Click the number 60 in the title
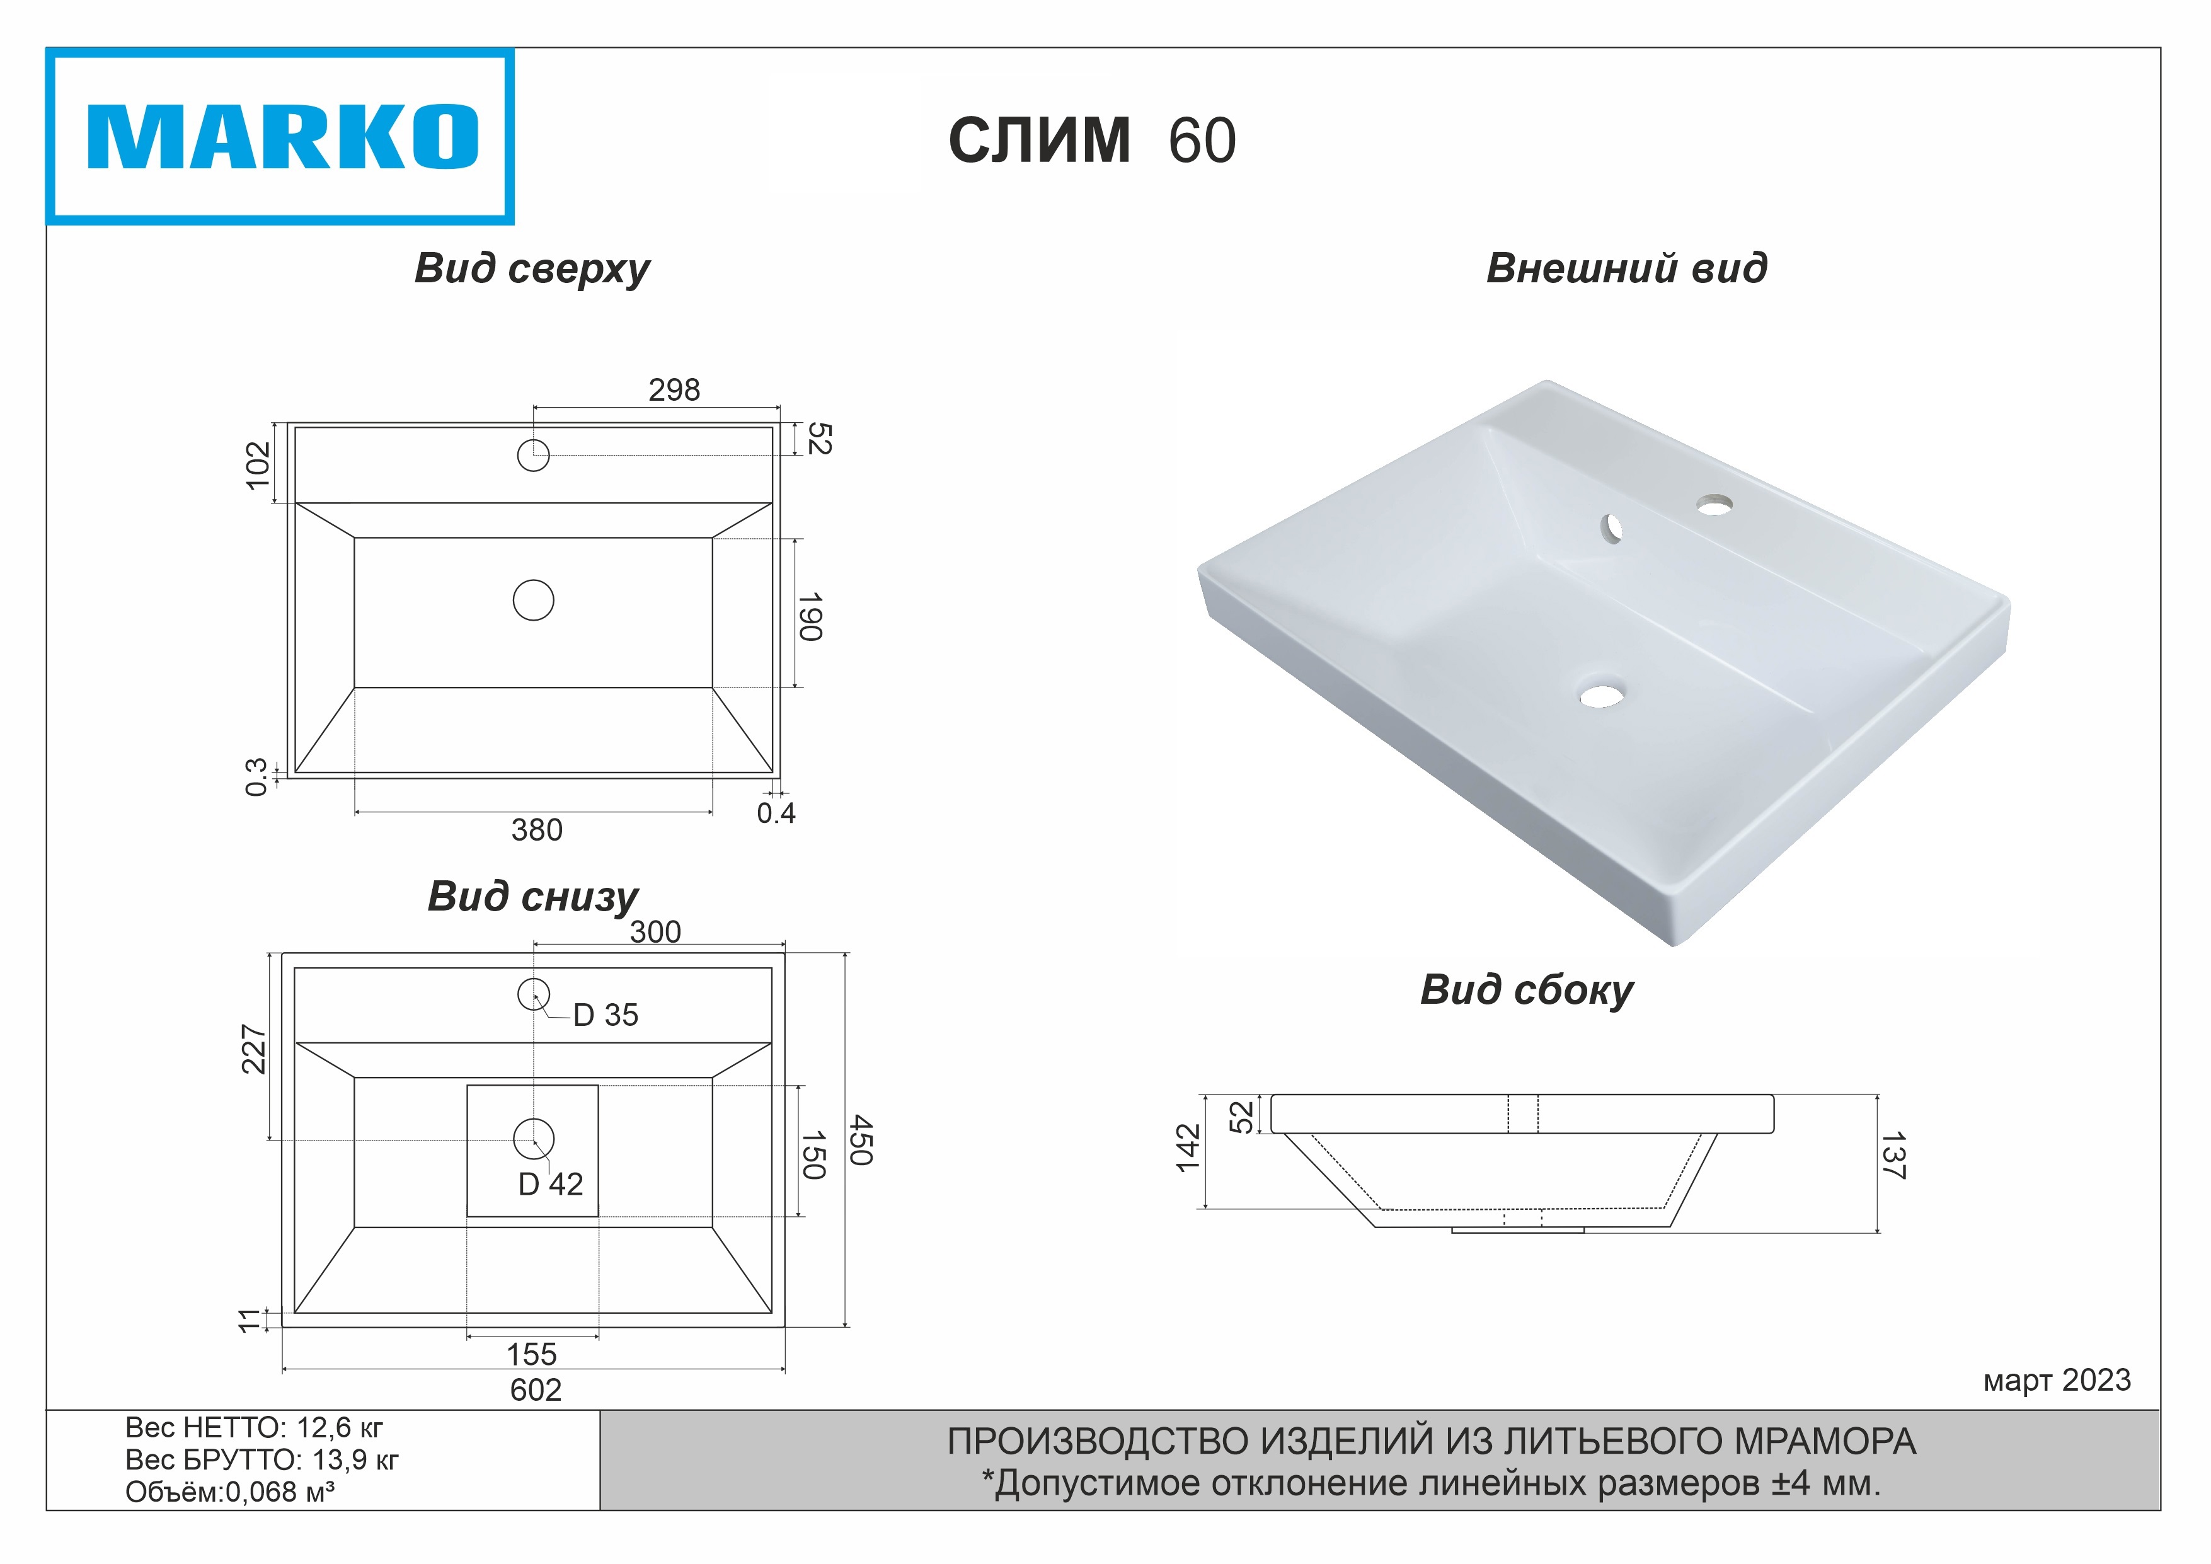click(x=1202, y=141)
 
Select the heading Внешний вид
click(x=1626, y=268)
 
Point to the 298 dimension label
click(x=674, y=390)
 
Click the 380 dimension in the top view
click(x=536, y=829)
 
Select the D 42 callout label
click(x=551, y=1183)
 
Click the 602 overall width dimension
click(x=536, y=1389)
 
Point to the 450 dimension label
click(x=861, y=1141)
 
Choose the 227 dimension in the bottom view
click(x=253, y=1049)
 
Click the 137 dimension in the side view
click(x=1893, y=1156)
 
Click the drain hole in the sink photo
click(x=1602, y=694)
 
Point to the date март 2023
click(x=2057, y=1380)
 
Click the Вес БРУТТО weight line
click(x=262, y=1460)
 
